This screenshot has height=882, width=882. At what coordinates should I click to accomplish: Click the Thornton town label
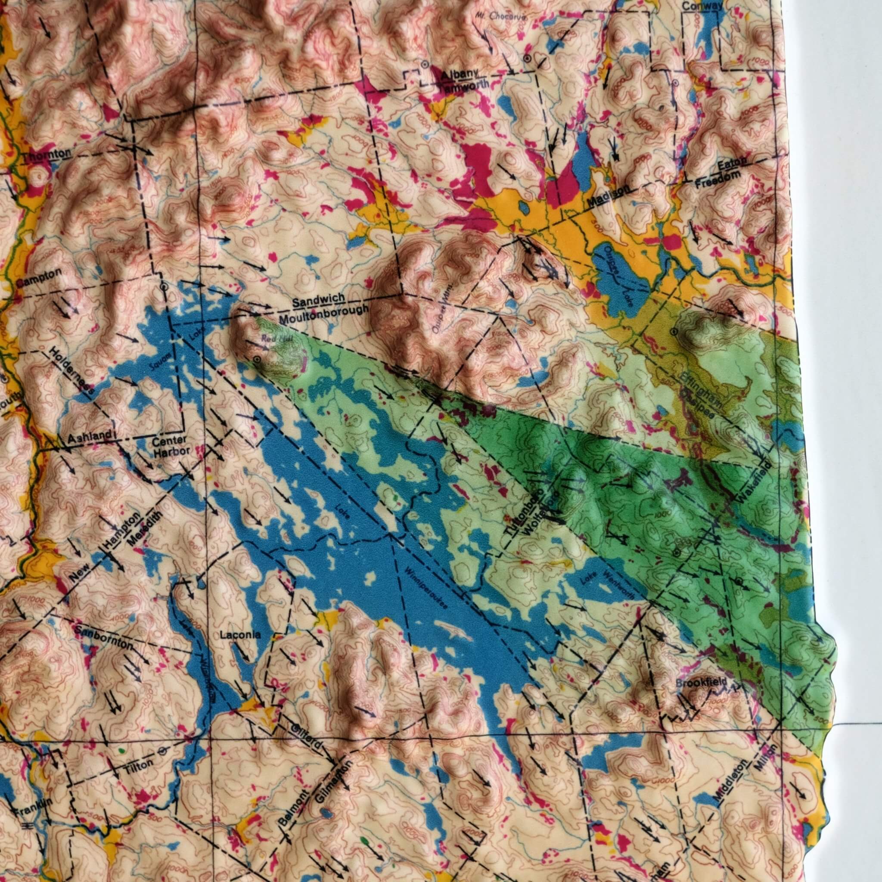[47, 155]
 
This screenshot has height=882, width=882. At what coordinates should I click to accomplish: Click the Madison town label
[609, 196]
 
